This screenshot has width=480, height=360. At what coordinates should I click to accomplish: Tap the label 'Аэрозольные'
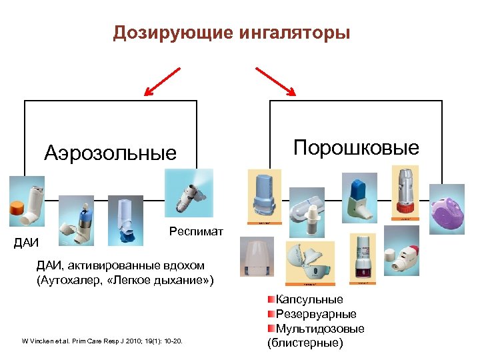pos(111,153)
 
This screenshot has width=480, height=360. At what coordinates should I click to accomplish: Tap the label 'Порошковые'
pos(357,147)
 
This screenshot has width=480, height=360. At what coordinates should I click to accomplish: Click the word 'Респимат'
pos(197,231)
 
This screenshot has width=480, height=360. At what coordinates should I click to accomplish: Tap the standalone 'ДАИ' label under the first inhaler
pos(26,242)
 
